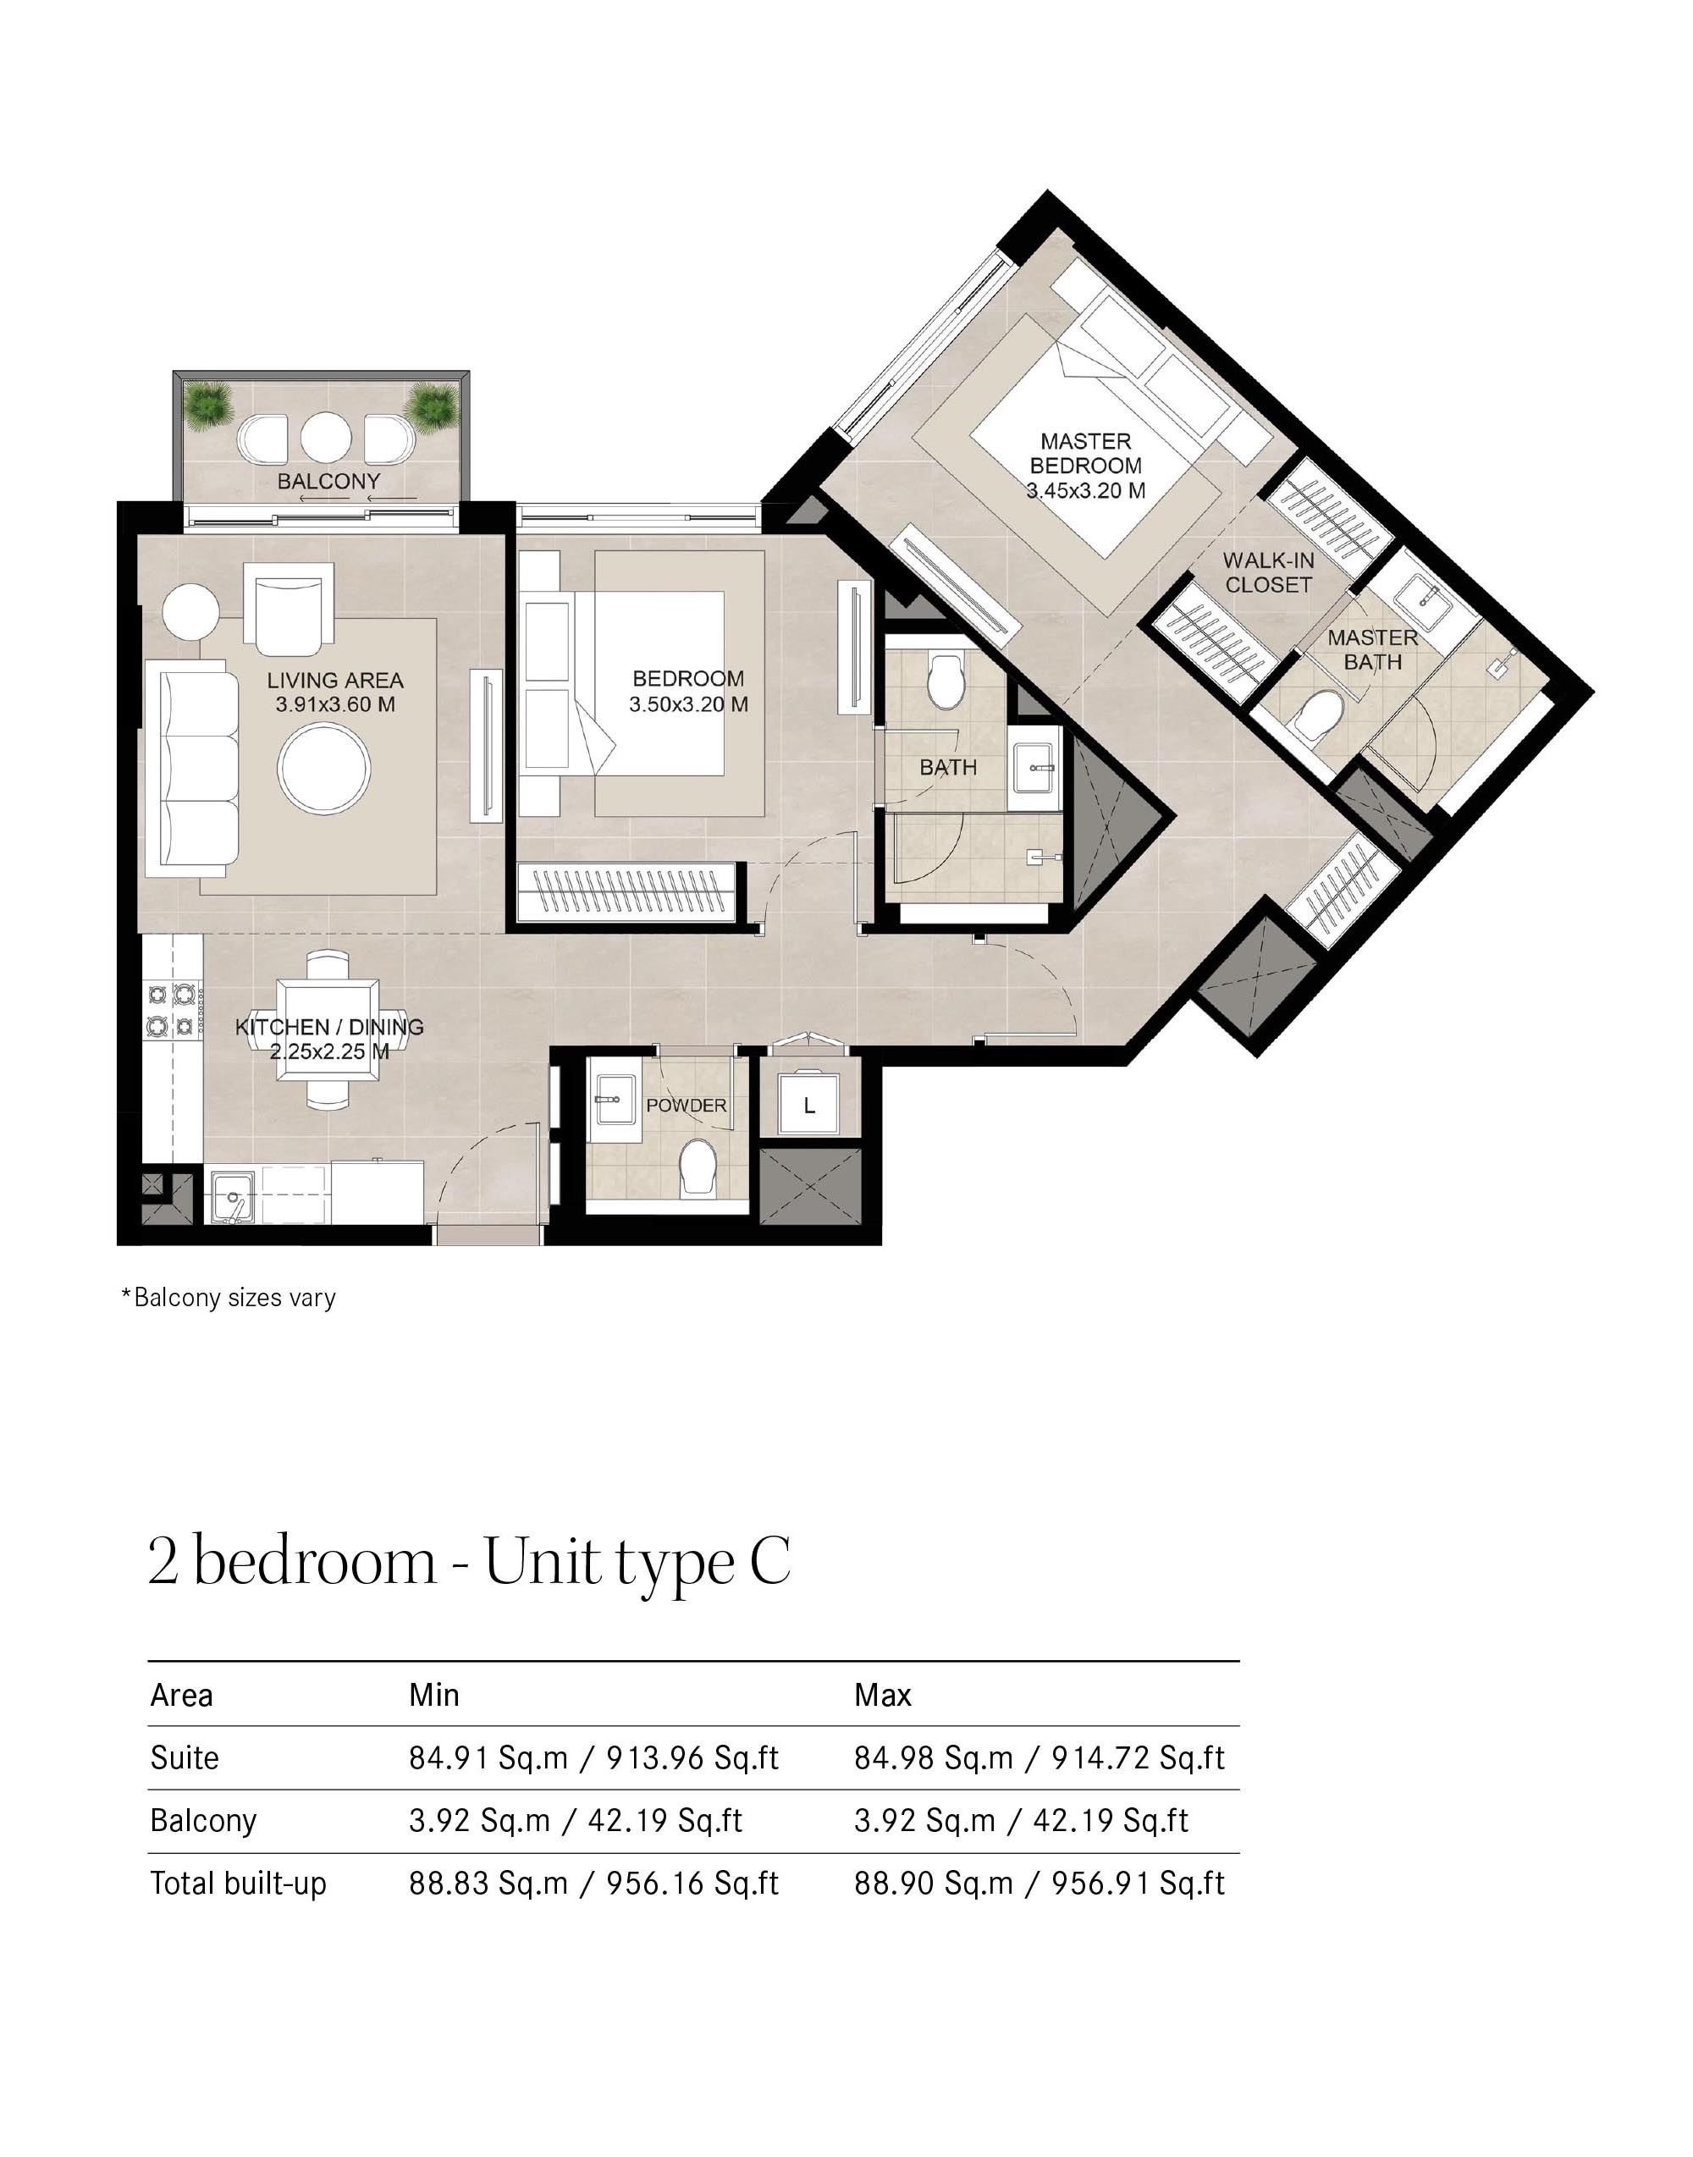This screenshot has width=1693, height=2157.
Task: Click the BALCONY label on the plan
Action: [x=328, y=481]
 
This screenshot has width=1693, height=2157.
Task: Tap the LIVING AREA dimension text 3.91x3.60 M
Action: [x=335, y=705]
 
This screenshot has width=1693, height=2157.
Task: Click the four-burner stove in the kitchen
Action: [x=170, y=1009]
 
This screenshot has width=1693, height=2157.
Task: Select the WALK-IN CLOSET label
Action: [x=1268, y=572]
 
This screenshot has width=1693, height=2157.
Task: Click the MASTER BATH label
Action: [x=1372, y=649]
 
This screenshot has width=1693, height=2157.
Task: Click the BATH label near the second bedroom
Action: [x=947, y=767]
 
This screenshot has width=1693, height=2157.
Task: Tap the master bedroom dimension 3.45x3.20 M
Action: [x=1085, y=489]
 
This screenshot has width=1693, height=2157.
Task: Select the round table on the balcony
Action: [x=326, y=437]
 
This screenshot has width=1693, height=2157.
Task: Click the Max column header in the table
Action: [x=882, y=1695]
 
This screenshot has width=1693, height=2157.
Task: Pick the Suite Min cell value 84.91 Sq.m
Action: [x=488, y=1758]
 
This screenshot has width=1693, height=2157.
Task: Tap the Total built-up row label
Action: [x=238, y=1884]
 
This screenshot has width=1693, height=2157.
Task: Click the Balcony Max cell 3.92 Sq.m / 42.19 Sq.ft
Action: [x=1021, y=1821]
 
